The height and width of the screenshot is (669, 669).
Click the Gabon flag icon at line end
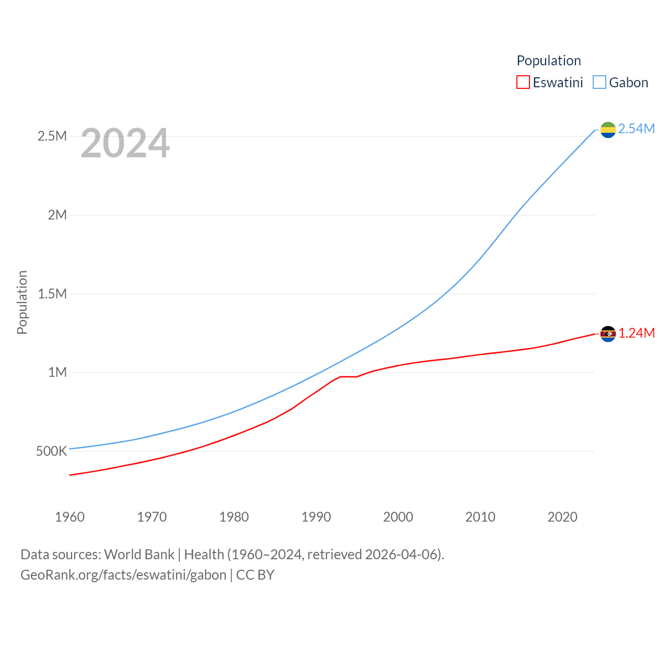tap(608, 130)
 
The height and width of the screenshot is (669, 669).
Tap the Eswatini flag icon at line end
tap(608, 333)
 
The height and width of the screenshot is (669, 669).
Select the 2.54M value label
tap(636, 129)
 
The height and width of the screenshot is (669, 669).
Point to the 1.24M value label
tap(637, 333)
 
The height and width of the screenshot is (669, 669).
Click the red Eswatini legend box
tap(523, 83)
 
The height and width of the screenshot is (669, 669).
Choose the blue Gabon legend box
tap(599, 83)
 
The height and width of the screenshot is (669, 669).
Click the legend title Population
tap(548, 61)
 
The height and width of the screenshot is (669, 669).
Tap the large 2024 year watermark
tap(125, 143)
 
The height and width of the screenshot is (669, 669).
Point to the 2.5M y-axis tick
tap(52, 136)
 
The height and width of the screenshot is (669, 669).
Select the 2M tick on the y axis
tap(57, 215)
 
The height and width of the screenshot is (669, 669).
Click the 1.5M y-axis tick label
tap(52, 294)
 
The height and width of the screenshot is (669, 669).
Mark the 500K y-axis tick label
tap(51, 451)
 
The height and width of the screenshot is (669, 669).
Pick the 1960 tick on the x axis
tap(70, 517)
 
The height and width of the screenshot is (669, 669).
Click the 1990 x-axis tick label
tap(316, 517)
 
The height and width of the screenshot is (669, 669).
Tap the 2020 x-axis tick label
tap(562, 517)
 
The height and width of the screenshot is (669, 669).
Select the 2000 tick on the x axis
tap(398, 517)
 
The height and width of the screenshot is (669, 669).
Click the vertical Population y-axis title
tap(22, 302)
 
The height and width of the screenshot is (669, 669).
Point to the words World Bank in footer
tap(139, 554)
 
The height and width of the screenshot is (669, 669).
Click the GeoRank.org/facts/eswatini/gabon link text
tap(123, 575)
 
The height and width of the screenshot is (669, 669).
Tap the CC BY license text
tap(255, 575)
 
